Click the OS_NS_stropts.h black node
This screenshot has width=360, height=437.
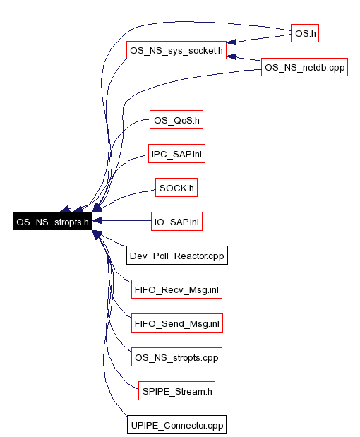(x=52, y=222)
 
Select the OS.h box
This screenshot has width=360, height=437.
(x=305, y=33)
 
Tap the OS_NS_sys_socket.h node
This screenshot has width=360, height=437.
(x=176, y=50)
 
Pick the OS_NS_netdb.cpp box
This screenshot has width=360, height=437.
(x=304, y=67)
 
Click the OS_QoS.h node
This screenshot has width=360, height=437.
(x=176, y=120)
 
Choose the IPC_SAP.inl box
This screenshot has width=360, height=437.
(x=176, y=154)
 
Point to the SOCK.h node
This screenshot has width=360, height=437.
(x=176, y=188)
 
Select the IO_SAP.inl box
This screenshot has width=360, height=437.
(x=176, y=222)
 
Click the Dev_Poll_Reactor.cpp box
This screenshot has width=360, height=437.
(x=177, y=256)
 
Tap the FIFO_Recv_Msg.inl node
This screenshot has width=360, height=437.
(x=176, y=289)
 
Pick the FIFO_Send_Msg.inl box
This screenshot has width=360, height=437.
(x=177, y=323)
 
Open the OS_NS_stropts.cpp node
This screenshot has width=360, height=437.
(x=176, y=357)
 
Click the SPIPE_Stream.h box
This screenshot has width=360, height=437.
(x=176, y=391)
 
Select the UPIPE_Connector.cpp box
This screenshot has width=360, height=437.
(x=176, y=425)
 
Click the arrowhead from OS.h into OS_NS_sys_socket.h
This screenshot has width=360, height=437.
(x=232, y=42)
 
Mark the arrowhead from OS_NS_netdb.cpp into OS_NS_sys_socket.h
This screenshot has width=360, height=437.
(x=232, y=56)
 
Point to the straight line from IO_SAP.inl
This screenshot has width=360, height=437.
(x=126, y=221)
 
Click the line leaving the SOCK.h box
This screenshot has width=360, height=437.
(x=127, y=196)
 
